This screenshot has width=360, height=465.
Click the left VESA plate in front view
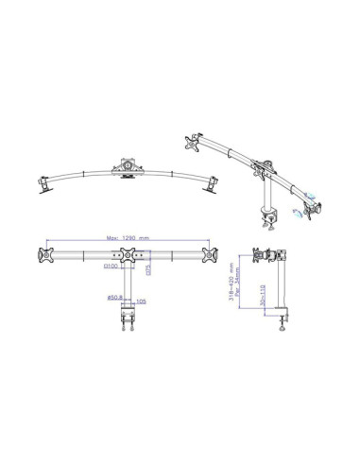43,255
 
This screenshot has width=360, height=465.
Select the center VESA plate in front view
126,255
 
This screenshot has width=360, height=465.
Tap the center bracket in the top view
125,168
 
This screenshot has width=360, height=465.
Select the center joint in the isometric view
258,170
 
